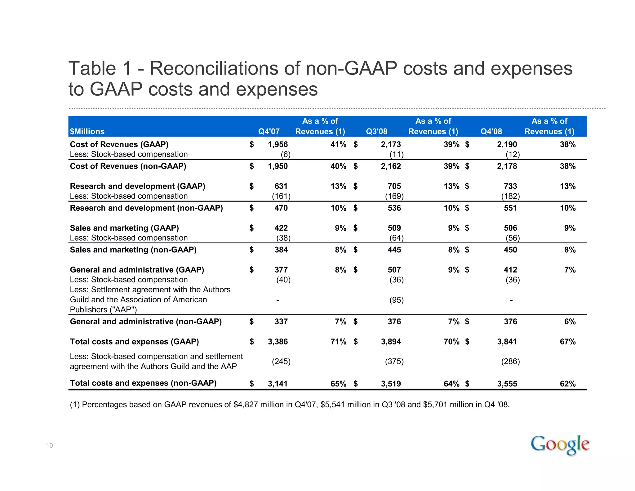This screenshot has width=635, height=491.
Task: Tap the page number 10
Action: point(50,446)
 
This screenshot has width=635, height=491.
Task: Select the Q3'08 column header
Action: point(376,131)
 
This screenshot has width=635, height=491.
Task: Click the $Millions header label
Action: point(87,131)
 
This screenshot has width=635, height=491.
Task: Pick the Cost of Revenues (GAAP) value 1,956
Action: point(278,144)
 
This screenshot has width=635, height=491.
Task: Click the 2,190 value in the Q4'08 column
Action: point(507,144)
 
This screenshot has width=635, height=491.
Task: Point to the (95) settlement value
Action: point(397,300)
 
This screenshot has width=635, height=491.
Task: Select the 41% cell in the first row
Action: point(338,144)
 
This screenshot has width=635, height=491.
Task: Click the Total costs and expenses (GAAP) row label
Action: point(134,341)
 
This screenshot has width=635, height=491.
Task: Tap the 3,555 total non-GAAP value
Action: point(507,384)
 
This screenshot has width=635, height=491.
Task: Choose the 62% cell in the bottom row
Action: point(567,384)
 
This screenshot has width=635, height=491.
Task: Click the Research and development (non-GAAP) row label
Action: point(146,208)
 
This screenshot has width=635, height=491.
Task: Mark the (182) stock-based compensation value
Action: point(510,196)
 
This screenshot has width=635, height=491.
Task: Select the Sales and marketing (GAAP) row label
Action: point(124,228)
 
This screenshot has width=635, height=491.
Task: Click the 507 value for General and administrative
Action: point(394,270)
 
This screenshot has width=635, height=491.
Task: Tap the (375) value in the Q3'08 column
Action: point(394,361)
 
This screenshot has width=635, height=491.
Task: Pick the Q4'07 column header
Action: point(269,131)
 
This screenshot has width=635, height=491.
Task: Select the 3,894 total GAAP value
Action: point(391,341)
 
